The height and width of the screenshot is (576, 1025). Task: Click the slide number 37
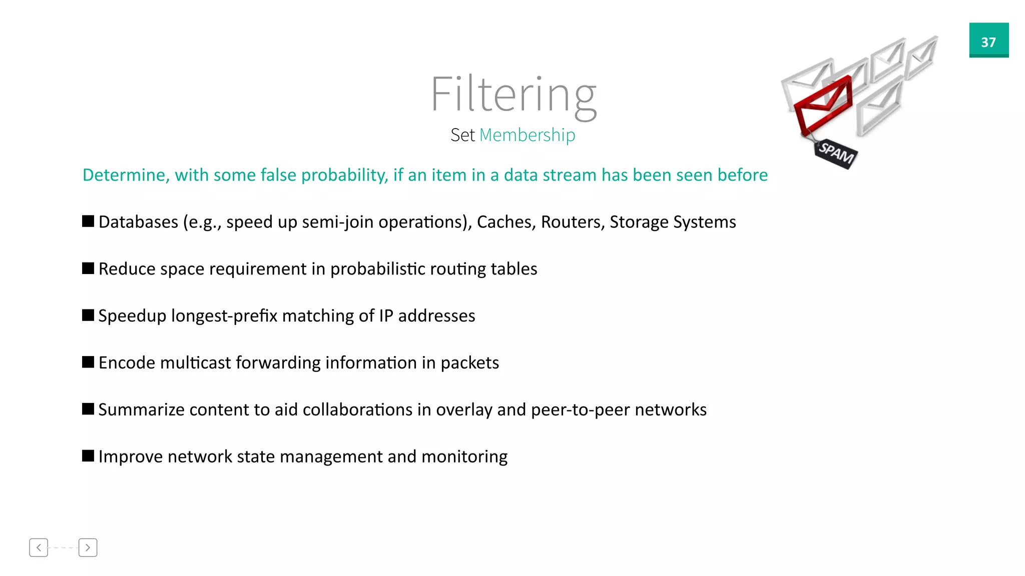988,42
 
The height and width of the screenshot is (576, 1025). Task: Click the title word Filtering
513,95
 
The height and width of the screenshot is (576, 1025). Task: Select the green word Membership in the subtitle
527,135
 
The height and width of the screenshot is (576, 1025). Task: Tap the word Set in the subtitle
462,135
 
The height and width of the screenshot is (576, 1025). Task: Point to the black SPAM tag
836,152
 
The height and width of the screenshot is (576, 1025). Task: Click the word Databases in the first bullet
138,221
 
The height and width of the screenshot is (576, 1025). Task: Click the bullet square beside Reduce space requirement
88,268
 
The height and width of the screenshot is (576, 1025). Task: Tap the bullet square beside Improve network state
88,456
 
